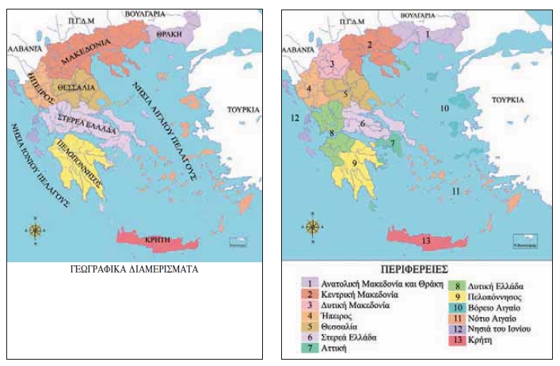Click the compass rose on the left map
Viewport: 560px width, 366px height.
point(36,230)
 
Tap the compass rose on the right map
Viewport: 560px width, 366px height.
point(313,227)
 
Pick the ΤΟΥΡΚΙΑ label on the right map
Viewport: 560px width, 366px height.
point(508,101)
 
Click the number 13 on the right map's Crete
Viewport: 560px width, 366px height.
point(427,239)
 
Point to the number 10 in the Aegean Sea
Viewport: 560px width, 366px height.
point(444,108)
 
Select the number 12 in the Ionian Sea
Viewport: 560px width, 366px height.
point(295,118)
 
